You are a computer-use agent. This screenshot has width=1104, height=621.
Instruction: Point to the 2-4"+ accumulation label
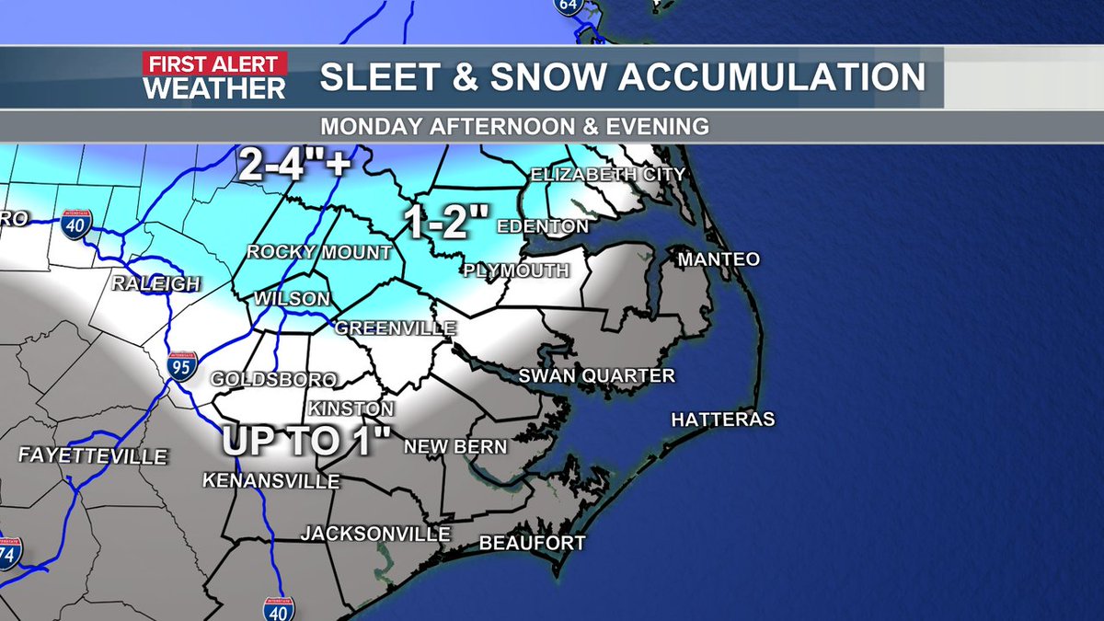click(294, 166)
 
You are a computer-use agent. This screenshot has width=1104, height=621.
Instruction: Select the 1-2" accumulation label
click(449, 223)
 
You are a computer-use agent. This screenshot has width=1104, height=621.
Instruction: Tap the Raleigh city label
click(155, 284)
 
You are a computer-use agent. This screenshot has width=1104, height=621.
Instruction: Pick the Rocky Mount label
click(319, 252)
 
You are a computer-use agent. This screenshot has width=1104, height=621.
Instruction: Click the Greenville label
click(396, 328)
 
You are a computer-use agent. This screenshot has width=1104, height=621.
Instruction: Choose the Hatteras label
click(723, 420)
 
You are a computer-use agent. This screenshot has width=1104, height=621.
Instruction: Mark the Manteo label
click(719, 259)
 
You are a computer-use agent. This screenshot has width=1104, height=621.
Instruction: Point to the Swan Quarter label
click(596, 375)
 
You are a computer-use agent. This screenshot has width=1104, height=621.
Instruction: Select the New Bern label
click(455, 447)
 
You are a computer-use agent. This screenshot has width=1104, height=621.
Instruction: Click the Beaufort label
click(532, 544)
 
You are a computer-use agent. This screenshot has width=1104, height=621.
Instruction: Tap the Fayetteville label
click(93, 456)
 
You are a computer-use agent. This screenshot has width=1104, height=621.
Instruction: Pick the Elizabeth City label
click(607, 174)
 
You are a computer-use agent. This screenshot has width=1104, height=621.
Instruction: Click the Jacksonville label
click(375, 534)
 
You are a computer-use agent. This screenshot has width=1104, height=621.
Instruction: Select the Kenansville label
click(270, 481)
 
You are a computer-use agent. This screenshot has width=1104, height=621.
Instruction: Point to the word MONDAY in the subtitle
click(368, 126)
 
